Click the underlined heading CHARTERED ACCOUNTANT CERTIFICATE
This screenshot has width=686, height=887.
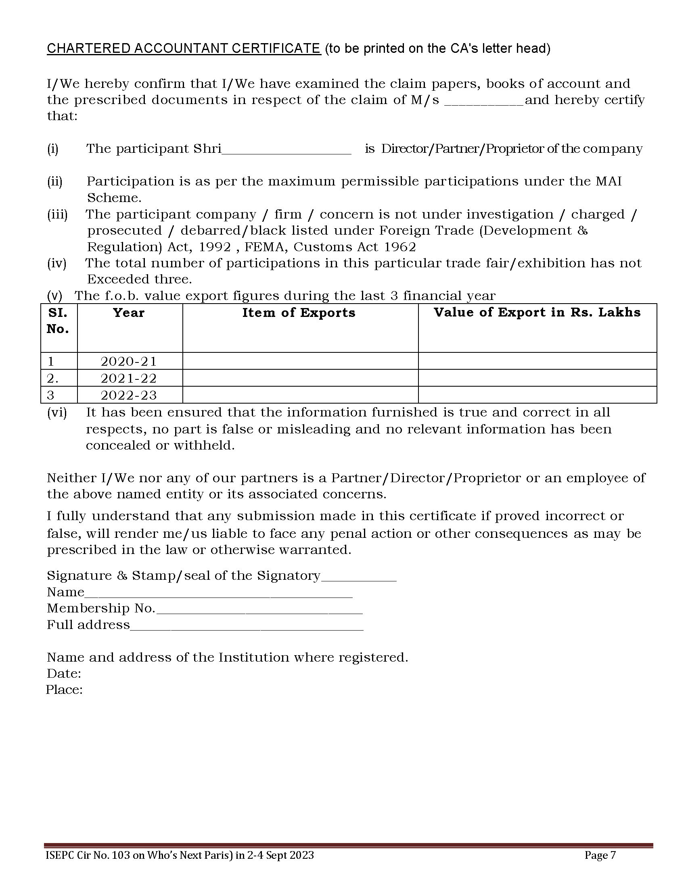pyautogui.click(x=184, y=48)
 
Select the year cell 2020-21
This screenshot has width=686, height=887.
pyautogui.click(x=128, y=361)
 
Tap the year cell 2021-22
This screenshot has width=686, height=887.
pyautogui.click(x=128, y=378)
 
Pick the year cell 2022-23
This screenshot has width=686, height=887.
pyautogui.click(x=128, y=395)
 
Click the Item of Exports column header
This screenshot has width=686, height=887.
pyautogui.click(x=299, y=313)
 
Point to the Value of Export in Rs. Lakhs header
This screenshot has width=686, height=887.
pyautogui.click(x=537, y=312)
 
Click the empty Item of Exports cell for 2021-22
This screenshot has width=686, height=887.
pyautogui.click(x=300, y=378)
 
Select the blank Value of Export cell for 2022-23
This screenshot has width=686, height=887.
pyautogui.click(x=537, y=395)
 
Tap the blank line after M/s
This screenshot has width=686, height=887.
pyautogui.click(x=483, y=102)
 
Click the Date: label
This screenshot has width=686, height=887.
pyautogui.click(x=64, y=674)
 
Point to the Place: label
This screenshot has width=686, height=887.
pyautogui.click(x=64, y=690)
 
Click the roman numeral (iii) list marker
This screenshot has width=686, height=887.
pyautogui.click(x=57, y=214)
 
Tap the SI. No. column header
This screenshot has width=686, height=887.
pyautogui.click(x=58, y=321)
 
